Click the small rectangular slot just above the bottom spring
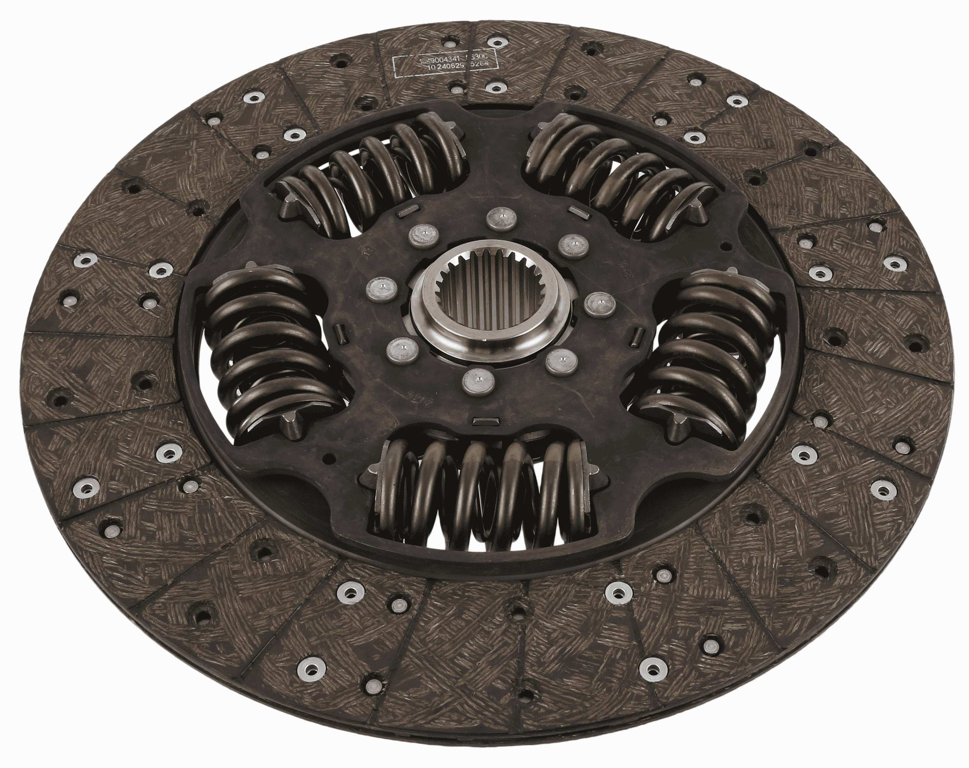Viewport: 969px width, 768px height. click(x=485, y=421)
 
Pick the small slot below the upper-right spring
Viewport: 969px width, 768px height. click(x=577, y=211)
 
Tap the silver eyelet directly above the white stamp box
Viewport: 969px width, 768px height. click(x=497, y=42)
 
